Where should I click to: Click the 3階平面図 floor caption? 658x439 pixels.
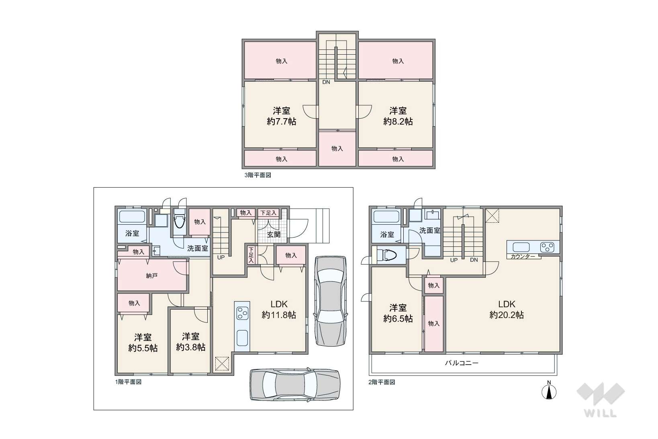(257, 175)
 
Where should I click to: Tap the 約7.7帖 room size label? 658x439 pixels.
(282, 121)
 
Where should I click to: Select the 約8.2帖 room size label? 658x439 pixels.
(398, 121)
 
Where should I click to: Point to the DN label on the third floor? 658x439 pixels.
(326, 82)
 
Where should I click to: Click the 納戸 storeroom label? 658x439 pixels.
(151, 276)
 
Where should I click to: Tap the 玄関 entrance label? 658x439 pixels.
(274, 235)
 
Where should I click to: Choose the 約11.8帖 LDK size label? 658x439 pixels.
(279, 315)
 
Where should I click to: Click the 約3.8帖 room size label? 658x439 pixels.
(191, 347)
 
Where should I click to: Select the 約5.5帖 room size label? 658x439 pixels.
(143, 348)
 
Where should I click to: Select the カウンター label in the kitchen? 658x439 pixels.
(523, 256)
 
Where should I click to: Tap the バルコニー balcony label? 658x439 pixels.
(462, 363)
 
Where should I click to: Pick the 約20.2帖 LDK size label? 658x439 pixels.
(507, 315)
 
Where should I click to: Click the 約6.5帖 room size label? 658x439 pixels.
(398, 319)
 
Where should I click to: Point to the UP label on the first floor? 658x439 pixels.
(221, 257)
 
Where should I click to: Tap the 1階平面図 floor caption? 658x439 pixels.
(129, 382)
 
